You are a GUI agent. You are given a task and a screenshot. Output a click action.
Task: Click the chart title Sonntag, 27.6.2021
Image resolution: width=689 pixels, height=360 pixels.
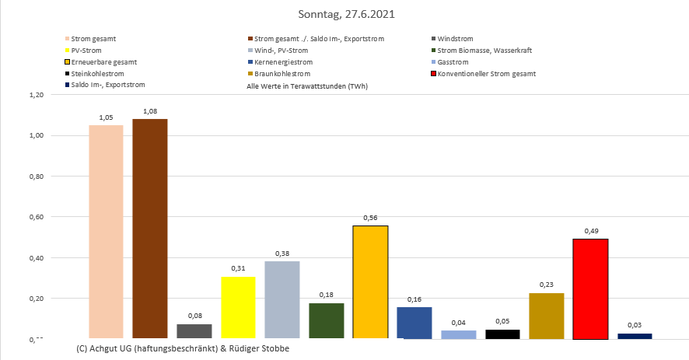[344, 15]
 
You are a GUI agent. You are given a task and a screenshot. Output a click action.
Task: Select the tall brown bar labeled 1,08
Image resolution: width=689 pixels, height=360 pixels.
[149, 229]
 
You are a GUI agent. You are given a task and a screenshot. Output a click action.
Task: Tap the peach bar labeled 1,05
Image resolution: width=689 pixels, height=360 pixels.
[106, 232]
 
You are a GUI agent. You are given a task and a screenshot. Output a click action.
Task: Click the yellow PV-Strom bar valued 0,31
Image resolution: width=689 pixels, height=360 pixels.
[238, 308]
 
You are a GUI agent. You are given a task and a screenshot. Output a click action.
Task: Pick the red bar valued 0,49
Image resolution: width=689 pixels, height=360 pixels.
[590, 289]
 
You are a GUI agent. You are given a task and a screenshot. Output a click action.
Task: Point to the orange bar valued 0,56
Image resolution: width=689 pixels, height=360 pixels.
[370, 282]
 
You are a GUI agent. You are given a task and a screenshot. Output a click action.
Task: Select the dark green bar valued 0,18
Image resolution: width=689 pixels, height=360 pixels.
[326, 321]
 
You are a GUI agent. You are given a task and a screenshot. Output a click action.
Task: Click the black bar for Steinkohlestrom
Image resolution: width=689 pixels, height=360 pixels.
[502, 334]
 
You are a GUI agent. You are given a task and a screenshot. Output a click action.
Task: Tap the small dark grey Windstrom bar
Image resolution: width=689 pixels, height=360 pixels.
[194, 332]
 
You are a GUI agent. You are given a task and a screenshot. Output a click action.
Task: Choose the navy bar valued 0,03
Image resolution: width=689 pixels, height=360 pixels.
[635, 336]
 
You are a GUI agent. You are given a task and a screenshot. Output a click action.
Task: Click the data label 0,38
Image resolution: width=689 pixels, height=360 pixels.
[282, 253]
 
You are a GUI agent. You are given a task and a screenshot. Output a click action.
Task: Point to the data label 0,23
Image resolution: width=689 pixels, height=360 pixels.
[546, 285]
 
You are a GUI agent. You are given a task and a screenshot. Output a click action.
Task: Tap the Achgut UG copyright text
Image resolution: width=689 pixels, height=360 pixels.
[183, 348]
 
